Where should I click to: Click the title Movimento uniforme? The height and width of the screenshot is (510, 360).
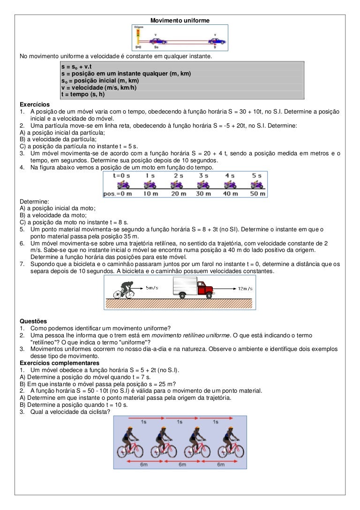coord(180,21)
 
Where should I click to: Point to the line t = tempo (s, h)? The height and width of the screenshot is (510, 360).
coord(83,94)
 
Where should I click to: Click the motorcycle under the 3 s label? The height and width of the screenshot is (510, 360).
coord(203,184)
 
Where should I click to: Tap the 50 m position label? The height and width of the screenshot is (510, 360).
coord(256,194)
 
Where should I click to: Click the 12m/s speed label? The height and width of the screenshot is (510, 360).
coord(245,288)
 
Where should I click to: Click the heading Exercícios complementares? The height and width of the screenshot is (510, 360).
coord(59,363)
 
